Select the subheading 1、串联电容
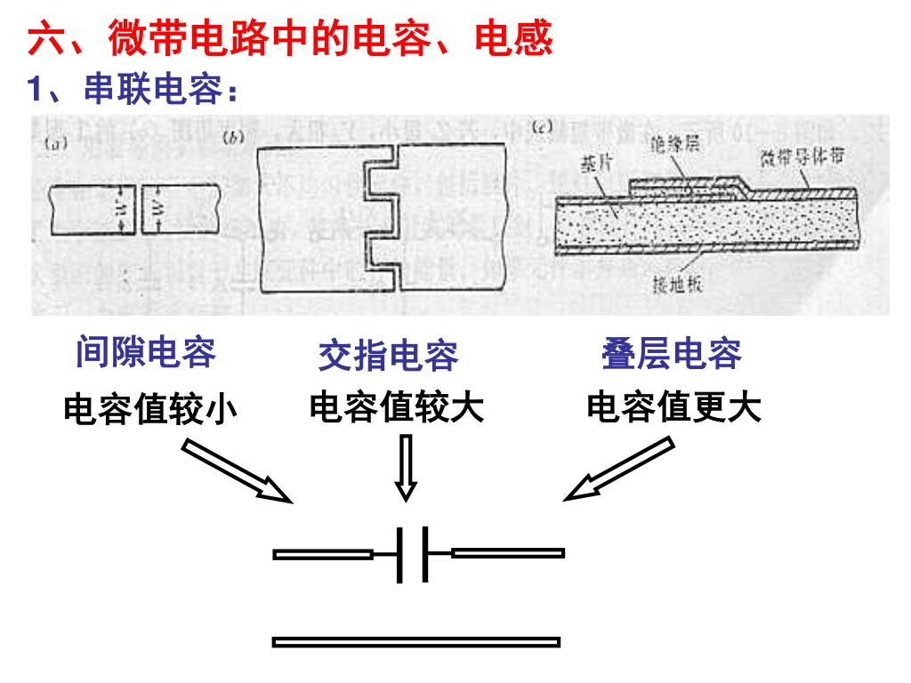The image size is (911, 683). click(133, 89)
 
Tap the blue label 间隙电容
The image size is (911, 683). click(146, 352)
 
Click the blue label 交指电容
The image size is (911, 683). click(388, 356)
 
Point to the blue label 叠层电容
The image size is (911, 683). click(672, 353)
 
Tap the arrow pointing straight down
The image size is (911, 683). click(406, 469)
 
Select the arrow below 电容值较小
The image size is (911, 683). click(237, 472)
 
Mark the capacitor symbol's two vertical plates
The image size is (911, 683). click(413, 554)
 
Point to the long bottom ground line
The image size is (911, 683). click(416, 641)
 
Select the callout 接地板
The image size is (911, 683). click(680, 285)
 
